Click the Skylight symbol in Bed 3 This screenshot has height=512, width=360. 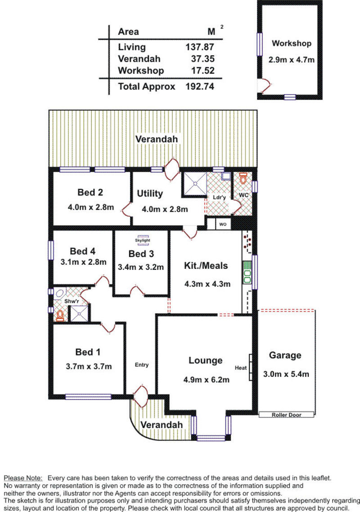point(143,240)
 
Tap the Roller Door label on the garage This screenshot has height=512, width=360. point(287,415)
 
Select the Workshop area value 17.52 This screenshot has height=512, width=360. point(202,71)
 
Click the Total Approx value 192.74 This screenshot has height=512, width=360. point(200,86)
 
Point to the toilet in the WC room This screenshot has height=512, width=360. point(243,178)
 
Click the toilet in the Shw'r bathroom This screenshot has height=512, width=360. point(60,315)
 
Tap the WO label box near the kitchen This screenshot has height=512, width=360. point(223,224)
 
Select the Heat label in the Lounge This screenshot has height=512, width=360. point(241,368)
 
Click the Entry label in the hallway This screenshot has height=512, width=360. point(142,365)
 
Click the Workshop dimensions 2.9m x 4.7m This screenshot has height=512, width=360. point(292,60)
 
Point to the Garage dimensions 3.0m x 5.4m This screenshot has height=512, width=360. point(286,374)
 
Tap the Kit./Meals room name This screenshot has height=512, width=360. point(206,266)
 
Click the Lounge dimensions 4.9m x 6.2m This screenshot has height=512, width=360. point(206,380)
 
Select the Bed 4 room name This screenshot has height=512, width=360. point(82,251)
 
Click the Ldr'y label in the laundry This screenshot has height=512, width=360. point(219,197)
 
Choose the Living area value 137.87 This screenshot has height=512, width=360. point(200,47)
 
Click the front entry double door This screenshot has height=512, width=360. point(141,397)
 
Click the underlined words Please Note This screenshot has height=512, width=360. point(23,478)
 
